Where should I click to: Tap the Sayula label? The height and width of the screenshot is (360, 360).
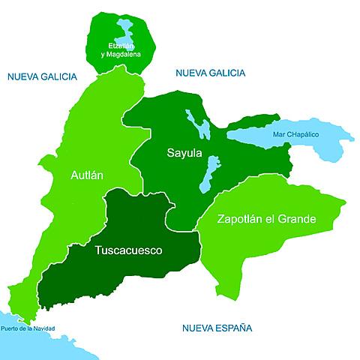tap(184, 154)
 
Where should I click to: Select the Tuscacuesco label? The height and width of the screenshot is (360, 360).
tap(129, 250)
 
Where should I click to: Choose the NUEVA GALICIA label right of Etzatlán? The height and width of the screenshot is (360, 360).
tap(210, 73)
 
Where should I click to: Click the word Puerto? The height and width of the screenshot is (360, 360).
tap(10, 327)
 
